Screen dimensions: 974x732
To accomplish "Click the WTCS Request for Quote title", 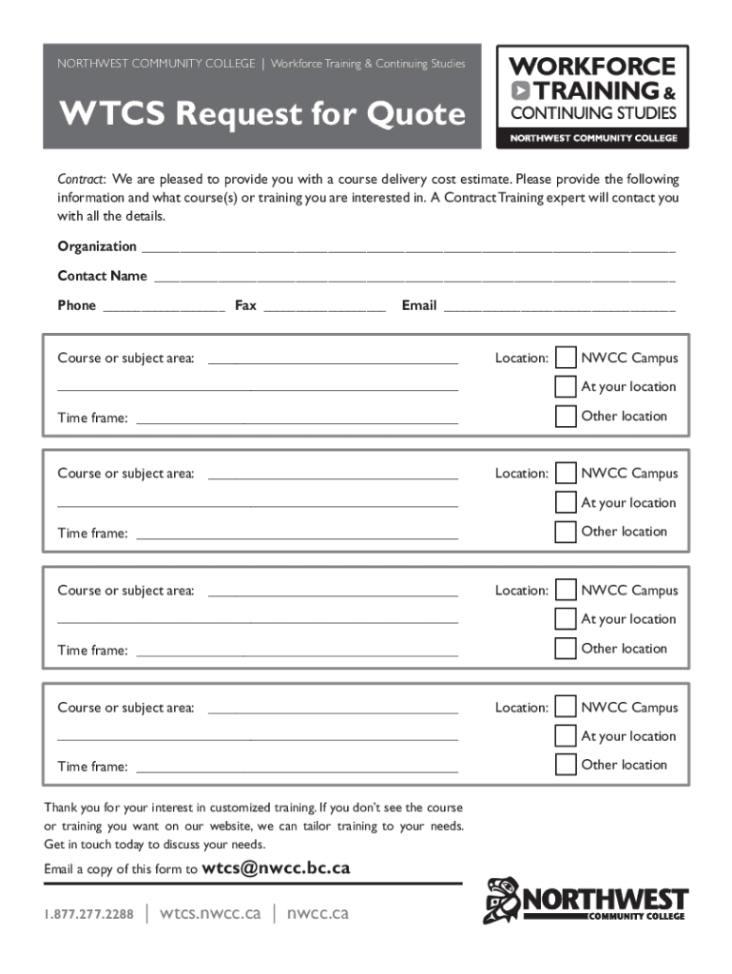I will click(x=262, y=115).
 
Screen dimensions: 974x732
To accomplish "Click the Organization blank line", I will click(x=408, y=249).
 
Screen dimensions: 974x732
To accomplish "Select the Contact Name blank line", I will click(x=414, y=279).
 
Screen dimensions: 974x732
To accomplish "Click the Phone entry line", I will click(x=164, y=308).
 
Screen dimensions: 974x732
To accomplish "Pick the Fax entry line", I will click(x=324, y=308).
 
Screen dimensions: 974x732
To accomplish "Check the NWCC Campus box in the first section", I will click(x=566, y=358).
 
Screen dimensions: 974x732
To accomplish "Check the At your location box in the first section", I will click(x=566, y=387).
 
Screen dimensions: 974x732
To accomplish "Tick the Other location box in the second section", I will click(x=566, y=532).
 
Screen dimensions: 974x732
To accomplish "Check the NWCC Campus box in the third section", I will click(x=566, y=591).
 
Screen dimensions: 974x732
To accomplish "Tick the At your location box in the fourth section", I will click(x=566, y=736).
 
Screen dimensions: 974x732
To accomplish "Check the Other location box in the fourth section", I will click(x=566, y=765).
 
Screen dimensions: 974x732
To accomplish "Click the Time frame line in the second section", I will click(x=297, y=536).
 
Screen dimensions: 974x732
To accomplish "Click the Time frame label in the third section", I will click(x=92, y=651).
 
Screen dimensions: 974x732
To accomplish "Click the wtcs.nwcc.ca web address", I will click(x=210, y=914).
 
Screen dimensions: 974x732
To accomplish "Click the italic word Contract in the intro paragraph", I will click(x=82, y=180).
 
